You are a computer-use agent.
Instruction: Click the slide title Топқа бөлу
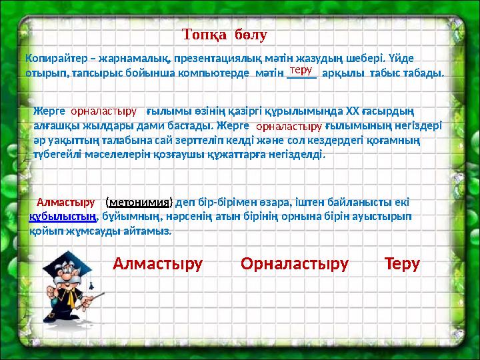pyautogui.click(x=225, y=33)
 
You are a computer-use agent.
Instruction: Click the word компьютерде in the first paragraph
pyautogui.click(x=215, y=72)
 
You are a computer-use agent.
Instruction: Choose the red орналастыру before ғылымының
pyautogui.click(x=289, y=125)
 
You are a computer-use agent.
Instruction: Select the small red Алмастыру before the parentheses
pyautogui.click(x=65, y=201)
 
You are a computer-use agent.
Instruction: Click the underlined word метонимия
pyautogui.click(x=139, y=202)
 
